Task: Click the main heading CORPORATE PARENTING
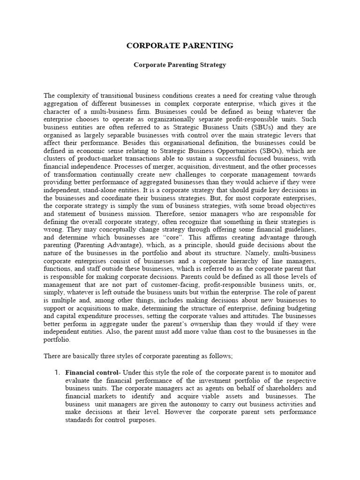[x=180, y=45]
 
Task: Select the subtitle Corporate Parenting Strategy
[x=180, y=65]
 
